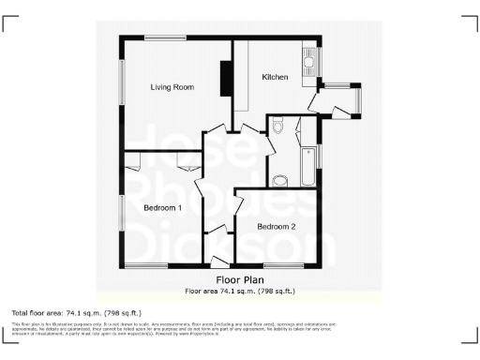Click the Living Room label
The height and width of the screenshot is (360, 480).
pos(172,87)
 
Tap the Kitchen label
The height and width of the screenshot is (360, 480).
pos(275,76)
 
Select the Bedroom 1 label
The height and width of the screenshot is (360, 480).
pos(162,207)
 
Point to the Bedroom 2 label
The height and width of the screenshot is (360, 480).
pos(277,226)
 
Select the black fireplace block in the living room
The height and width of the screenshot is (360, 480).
pos(225,79)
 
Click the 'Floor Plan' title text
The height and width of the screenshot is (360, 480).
pos(239,279)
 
